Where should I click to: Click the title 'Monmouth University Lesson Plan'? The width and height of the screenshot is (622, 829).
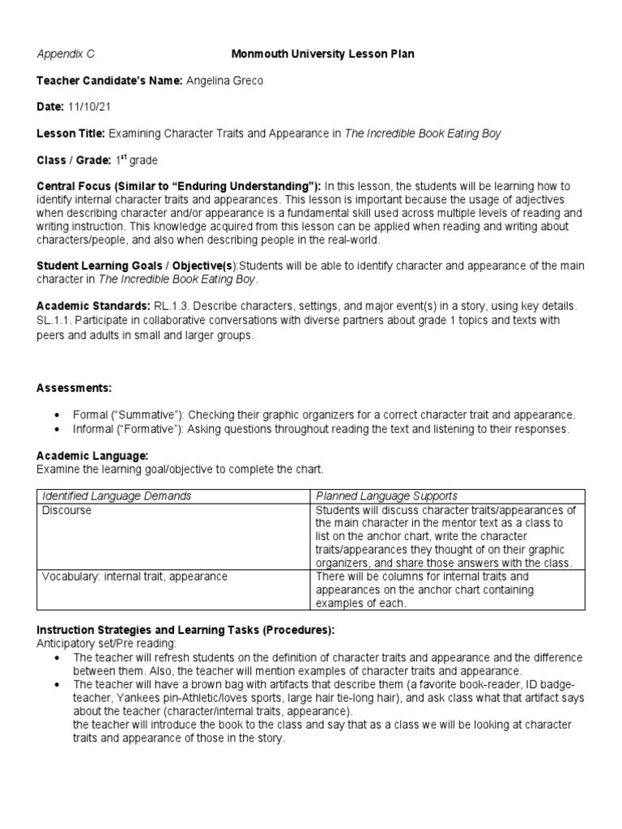click(324, 54)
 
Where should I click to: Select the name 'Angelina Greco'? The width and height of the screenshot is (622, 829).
click(224, 80)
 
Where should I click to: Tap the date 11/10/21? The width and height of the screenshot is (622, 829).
click(88, 107)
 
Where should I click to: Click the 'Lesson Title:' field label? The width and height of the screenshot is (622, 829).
click(71, 133)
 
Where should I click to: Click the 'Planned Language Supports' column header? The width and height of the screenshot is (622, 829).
click(386, 495)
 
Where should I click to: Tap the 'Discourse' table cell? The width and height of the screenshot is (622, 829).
click(66, 511)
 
